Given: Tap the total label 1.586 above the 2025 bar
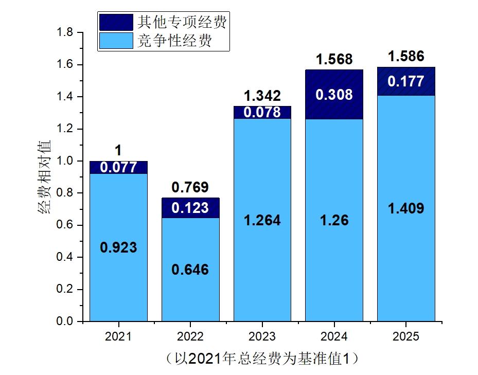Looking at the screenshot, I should point(406,56).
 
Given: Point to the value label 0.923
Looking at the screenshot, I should point(118,247).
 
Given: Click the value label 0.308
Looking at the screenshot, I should point(334,95).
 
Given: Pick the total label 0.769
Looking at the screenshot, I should point(190,187).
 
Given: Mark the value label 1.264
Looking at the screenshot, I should point(262,220).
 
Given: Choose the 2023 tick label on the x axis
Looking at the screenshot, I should point(262,337).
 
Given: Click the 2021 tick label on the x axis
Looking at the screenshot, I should point(118,337).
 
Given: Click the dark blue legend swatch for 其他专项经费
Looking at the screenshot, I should point(116,22).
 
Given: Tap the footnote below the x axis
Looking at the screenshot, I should point(262,358).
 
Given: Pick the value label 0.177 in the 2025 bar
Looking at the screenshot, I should point(406,81).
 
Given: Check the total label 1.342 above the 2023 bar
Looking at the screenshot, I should point(262,96).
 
